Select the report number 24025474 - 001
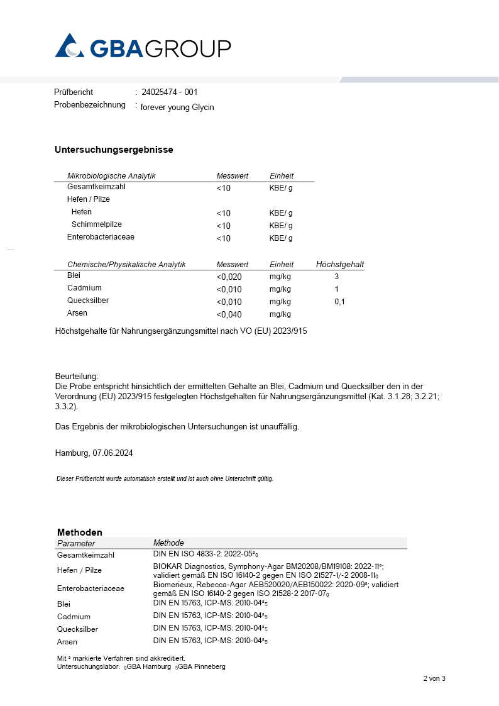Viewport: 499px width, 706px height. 170,92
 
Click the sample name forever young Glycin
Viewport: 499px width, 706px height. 177,107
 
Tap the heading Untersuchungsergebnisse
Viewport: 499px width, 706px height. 114,150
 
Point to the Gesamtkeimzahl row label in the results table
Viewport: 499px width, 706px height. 91,187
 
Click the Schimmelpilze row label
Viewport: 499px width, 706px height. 97,224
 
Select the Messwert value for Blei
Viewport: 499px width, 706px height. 229,277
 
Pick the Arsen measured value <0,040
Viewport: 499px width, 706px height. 229,314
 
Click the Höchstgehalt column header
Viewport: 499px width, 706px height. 339,265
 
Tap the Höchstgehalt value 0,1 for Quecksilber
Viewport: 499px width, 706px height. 339,302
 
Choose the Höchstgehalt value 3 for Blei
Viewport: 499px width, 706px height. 337,277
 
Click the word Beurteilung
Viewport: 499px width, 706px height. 77,375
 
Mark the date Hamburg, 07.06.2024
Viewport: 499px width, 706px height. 94,453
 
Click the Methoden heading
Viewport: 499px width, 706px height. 80,532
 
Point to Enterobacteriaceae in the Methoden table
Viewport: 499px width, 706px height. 90,588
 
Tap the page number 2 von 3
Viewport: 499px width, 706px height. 434,678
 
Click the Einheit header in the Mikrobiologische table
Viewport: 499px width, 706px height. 282,176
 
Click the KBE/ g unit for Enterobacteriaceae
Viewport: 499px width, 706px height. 281,238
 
